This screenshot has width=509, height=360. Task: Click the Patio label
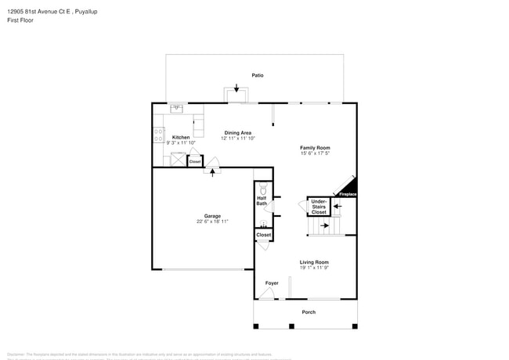point(257,75)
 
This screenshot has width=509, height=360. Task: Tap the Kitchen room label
point(181,137)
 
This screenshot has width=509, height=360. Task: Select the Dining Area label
point(237,132)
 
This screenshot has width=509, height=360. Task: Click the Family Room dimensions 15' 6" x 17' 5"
point(315,153)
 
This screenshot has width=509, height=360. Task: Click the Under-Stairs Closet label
point(319,207)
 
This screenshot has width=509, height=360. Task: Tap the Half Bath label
point(262,201)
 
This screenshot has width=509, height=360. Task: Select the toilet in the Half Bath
point(263,189)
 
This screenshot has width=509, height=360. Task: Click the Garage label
point(212,216)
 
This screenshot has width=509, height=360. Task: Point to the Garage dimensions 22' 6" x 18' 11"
point(212,221)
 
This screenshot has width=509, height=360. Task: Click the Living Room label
point(314,262)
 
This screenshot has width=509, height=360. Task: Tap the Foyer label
point(271,283)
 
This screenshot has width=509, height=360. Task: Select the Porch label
point(309,312)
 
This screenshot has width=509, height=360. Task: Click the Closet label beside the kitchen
point(195,162)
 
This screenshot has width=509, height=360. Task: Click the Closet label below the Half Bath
point(264,235)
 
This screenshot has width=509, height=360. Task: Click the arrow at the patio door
point(236,88)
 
